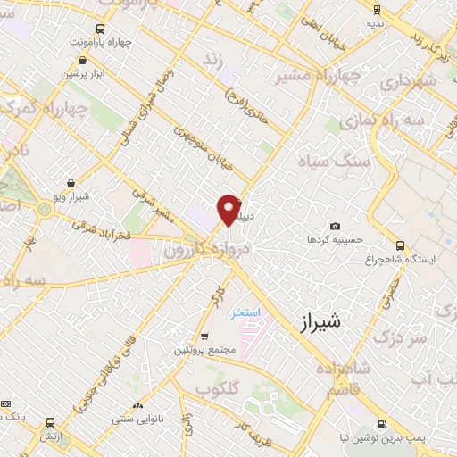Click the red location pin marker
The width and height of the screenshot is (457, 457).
[229, 210]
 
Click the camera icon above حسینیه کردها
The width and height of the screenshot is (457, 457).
[335, 227]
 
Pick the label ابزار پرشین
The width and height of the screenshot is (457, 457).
[81, 74]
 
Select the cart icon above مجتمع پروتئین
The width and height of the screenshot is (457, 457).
[206, 337]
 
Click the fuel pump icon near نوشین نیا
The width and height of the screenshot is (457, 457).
[383, 425]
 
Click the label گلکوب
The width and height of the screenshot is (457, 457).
[215, 390]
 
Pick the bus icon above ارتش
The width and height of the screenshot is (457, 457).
[49, 422]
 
